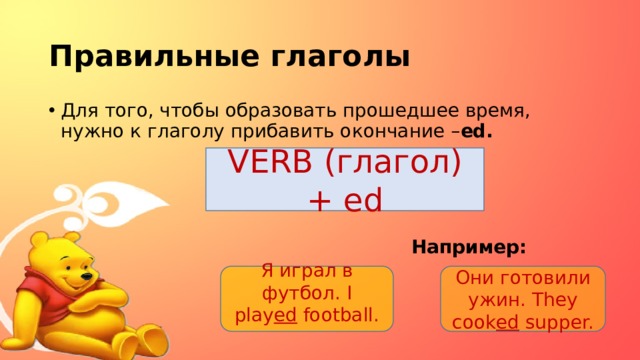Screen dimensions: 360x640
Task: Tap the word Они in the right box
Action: coord(475,278)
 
